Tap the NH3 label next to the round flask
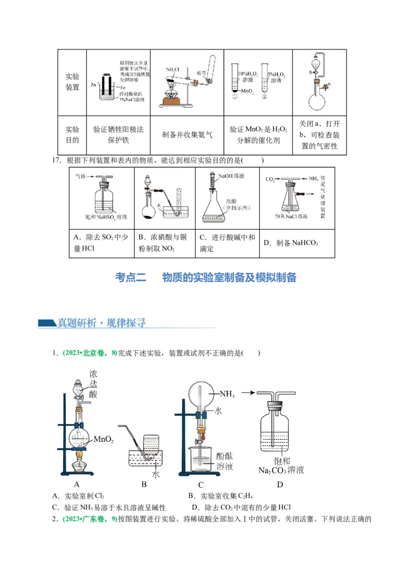click(227, 395)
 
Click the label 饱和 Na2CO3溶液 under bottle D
click(281, 466)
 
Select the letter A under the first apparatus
click(77, 484)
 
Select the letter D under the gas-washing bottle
click(280, 484)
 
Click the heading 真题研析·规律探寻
click(101, 323)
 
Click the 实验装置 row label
click(72, 81)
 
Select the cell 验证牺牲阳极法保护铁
click(118, 134)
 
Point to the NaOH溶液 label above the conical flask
click(231, 176)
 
